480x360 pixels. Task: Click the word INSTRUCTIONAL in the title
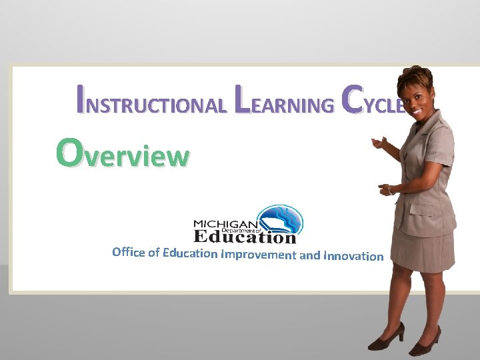[x=151, y=101]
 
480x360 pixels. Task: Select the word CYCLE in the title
[x=373, y=101]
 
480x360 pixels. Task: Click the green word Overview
[x=123, y=153]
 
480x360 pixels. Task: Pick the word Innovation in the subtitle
[x=353, y=256]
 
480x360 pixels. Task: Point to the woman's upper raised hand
[x=380, y=143]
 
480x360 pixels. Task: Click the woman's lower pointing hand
[x=387, y=189]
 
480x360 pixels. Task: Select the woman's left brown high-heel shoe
[x=387, y=337]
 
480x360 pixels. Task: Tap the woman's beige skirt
[x=423, y=247]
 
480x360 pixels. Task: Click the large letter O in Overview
[x=69, y=151]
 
